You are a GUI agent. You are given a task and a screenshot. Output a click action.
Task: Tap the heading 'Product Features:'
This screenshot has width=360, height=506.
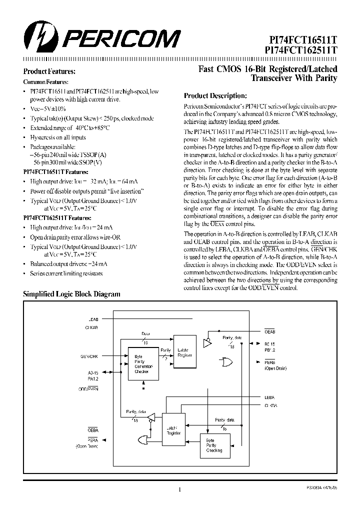point(49,72)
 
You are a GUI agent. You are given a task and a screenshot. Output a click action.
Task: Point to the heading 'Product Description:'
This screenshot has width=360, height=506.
point(215,95)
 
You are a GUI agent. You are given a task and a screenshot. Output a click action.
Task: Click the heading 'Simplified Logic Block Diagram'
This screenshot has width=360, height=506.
point(72,294)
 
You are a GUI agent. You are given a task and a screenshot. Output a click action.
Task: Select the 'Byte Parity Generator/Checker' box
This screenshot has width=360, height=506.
point(143,363)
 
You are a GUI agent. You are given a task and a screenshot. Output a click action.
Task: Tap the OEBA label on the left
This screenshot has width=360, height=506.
point(93,429)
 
